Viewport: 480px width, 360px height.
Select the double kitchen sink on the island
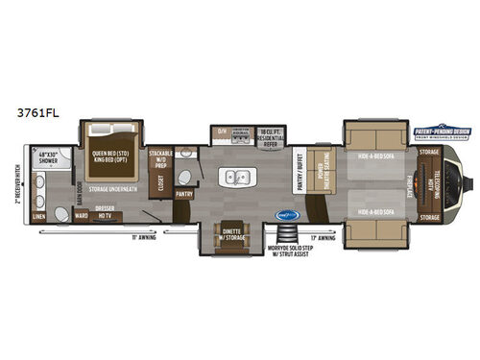[x=233, y=177]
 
